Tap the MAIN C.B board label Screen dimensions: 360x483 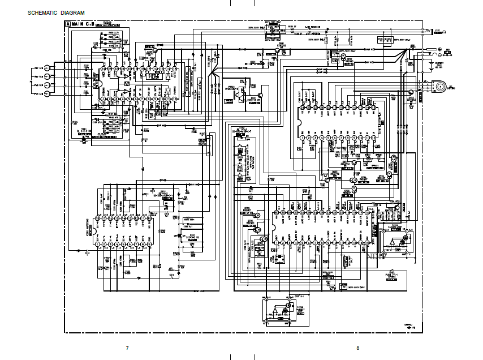pos(81,24)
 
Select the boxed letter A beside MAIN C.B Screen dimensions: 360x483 pos(68,24)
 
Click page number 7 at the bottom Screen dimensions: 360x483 pos(127,348)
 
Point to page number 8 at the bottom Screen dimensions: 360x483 pos(357,348)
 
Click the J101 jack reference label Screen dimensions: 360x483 pos(438,29)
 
